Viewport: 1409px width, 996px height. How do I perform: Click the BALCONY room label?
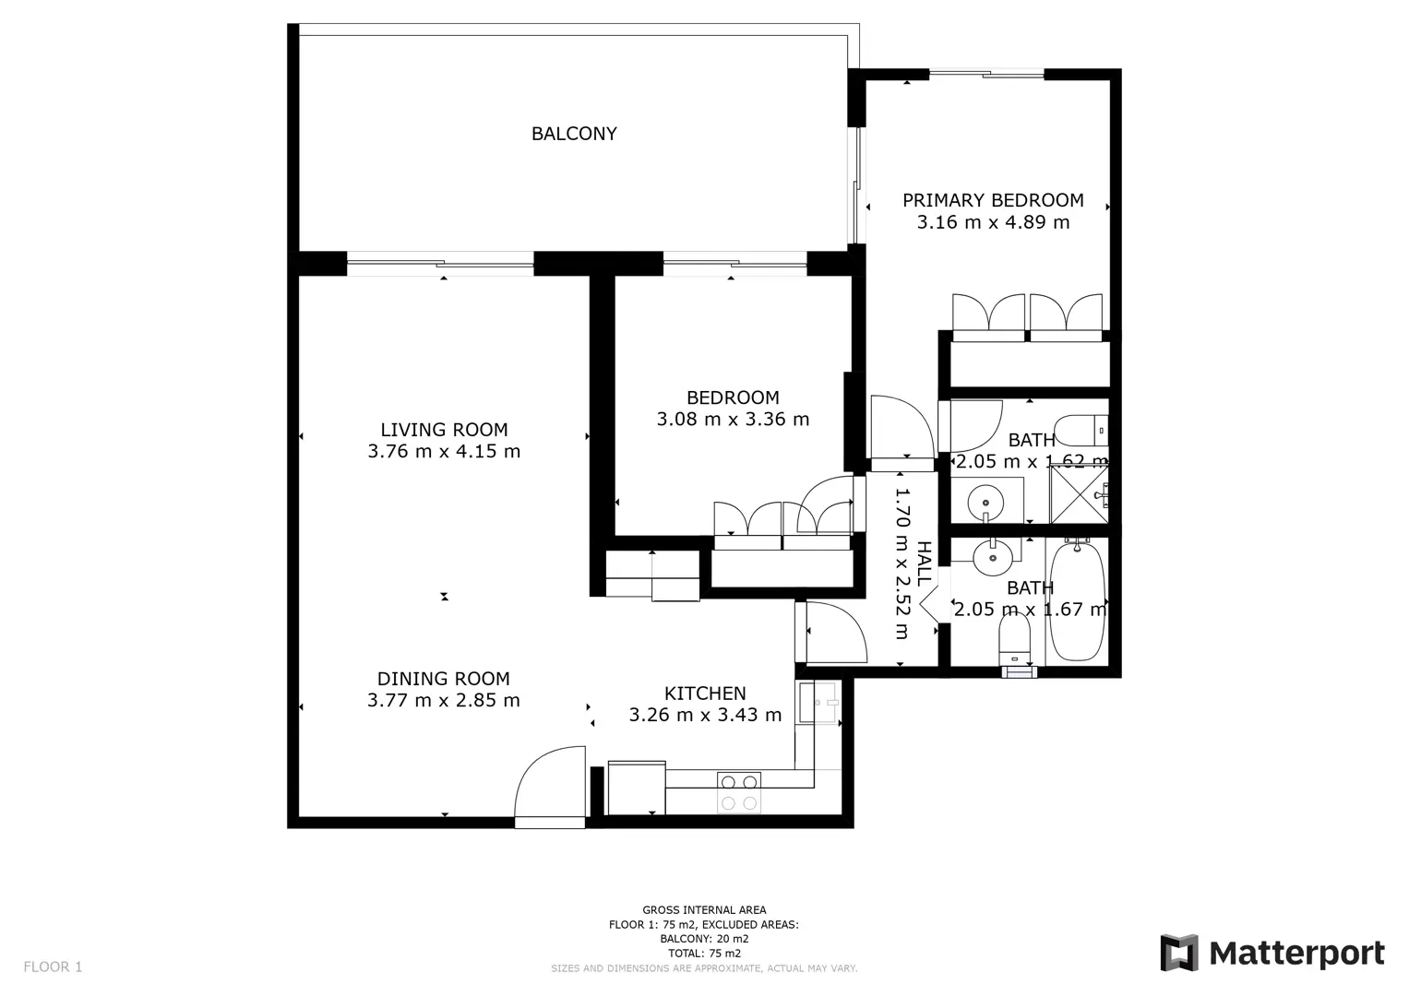[574, 134]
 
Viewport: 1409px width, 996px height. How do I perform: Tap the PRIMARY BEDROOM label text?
[993, 200]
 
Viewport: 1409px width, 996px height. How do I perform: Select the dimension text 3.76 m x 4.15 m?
[444, 451]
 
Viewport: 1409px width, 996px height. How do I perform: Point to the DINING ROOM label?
[444, 679]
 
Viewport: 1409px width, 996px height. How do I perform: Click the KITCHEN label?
[705, 693]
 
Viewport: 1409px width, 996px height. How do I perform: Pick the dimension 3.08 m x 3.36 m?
[733, 419]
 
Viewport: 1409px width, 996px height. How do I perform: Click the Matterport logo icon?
[1179, 953]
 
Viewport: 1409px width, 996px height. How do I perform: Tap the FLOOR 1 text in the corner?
[53, 966]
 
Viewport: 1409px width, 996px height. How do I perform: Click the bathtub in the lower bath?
[1078, 601]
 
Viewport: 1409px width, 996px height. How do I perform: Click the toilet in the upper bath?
[1081, 431]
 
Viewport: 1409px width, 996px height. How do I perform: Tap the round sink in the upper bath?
[985, 503]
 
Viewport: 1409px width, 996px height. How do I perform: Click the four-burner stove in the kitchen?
[739, 792]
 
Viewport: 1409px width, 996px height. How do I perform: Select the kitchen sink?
[818, 703]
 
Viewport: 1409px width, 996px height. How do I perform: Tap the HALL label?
[924, 564]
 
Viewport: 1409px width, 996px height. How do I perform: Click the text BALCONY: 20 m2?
[704, 939]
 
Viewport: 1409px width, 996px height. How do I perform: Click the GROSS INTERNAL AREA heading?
[704, 910]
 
